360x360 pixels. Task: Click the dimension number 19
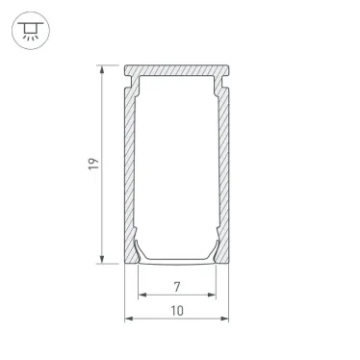[93, 164]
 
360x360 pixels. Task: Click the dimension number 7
[177, 287]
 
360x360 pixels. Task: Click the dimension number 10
[177, 311]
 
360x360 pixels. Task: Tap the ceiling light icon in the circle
[31, 31]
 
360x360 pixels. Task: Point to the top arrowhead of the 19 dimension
[102, 69]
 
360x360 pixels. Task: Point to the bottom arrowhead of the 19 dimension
[102, 259]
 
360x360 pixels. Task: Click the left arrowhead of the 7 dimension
[142, 295]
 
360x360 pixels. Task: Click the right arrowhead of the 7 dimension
[212, 295]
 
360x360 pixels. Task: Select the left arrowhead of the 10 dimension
[129, 319]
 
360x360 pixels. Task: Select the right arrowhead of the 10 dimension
[224, 319]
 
